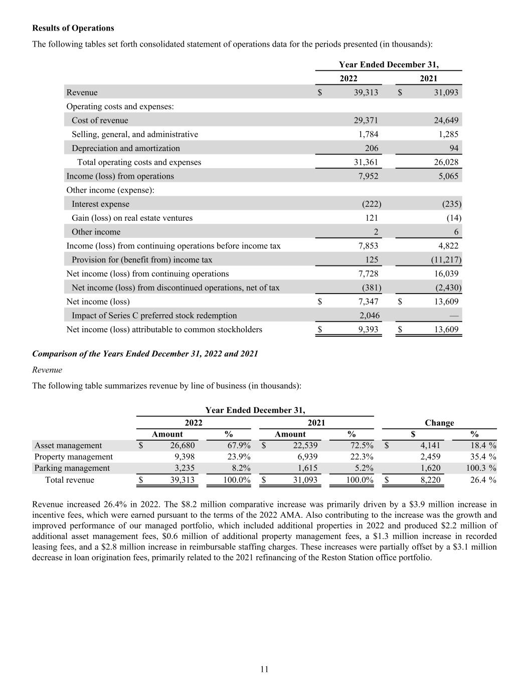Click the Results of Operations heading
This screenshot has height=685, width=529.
[73, 28]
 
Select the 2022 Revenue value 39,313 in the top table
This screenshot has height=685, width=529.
[366, 92]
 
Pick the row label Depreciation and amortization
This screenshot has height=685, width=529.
[125, 148]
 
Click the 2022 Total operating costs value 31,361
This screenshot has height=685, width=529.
[366, 162]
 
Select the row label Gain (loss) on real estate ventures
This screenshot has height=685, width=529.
[132, 218]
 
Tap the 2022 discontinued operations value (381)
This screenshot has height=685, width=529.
[371, 288]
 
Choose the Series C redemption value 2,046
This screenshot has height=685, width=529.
[369, 316]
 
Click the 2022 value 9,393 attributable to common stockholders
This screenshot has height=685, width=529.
[368, 330]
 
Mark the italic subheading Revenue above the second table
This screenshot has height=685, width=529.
[47, 370]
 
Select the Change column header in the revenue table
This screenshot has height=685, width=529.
[439, 423]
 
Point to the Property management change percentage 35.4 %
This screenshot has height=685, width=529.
[483, 457]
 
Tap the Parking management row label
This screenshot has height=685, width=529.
[72, 468]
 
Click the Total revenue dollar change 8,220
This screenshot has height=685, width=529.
[430, 480]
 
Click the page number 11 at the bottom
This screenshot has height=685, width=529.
[264, 669]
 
